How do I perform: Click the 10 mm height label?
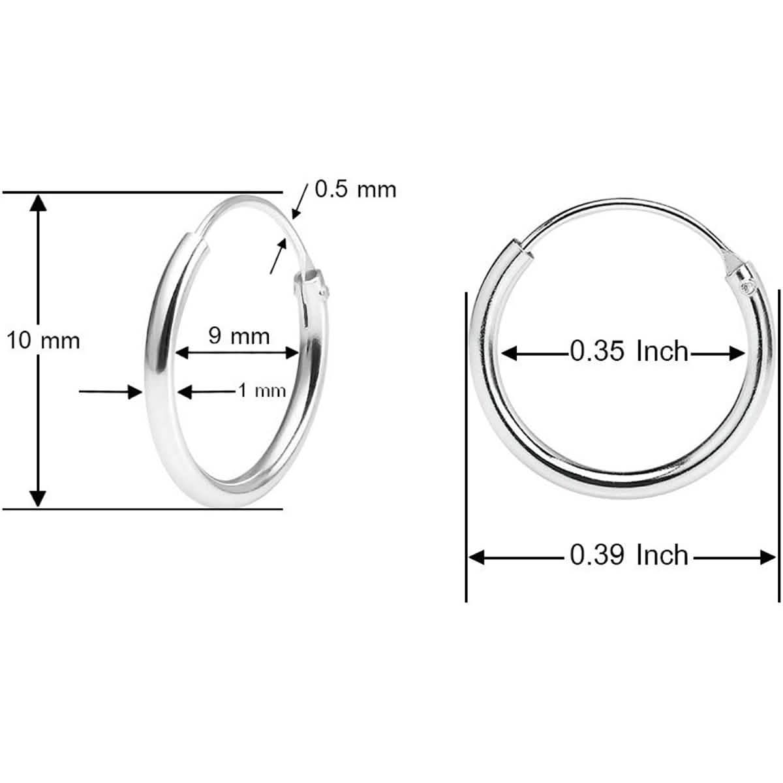[x=43, y=340]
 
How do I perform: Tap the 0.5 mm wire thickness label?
[x=356, y=189]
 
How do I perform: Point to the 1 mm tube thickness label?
[x=261, y=391]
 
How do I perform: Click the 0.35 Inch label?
[x=629, y=352]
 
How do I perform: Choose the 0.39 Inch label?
[x=629, y=555]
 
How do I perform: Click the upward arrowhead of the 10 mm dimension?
[x=39, y=203]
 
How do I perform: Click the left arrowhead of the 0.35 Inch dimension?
[x=510, y=354]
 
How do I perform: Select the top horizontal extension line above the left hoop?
[x=144, y=192]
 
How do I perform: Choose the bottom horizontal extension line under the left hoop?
[x=144, y=508]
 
